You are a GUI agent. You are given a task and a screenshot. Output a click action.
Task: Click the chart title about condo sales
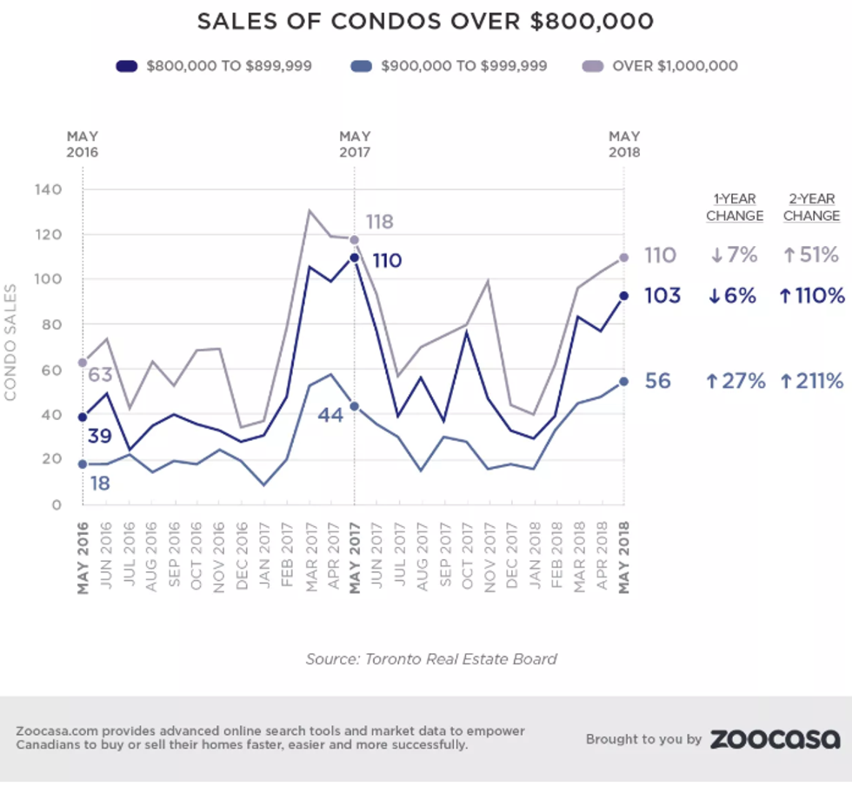(425, 21)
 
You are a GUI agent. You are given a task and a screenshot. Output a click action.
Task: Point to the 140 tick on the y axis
(49, 190)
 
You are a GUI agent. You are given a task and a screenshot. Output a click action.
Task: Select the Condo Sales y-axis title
(10, 343)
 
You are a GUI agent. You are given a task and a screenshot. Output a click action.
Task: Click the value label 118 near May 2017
(378, 222)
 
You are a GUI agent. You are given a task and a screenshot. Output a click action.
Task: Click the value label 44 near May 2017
(330, 415)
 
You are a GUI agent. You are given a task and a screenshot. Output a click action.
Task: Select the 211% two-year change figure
(811, 381)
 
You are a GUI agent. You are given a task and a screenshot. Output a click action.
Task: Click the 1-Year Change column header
(735, 207)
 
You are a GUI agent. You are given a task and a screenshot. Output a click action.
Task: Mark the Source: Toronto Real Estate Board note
(430, 658)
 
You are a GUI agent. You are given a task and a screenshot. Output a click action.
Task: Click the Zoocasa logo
(775, 739)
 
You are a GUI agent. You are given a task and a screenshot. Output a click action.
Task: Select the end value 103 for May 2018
(663, 296)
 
